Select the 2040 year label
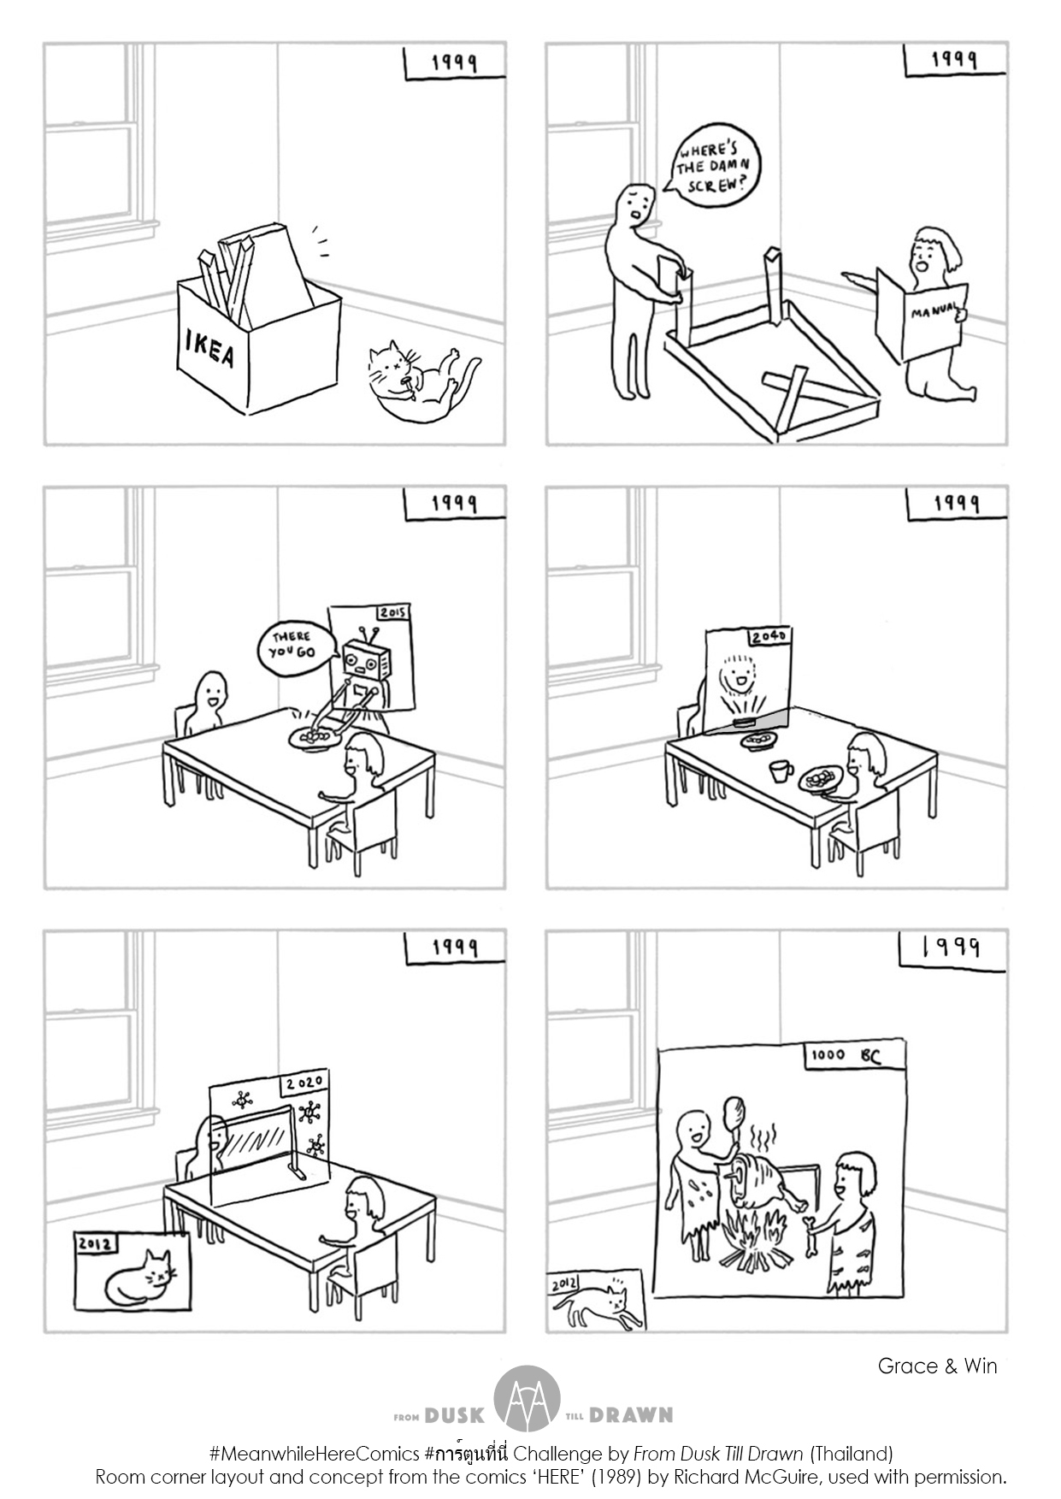[769, 638]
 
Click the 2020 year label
[304, 1083]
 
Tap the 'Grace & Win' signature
[937, 1366]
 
